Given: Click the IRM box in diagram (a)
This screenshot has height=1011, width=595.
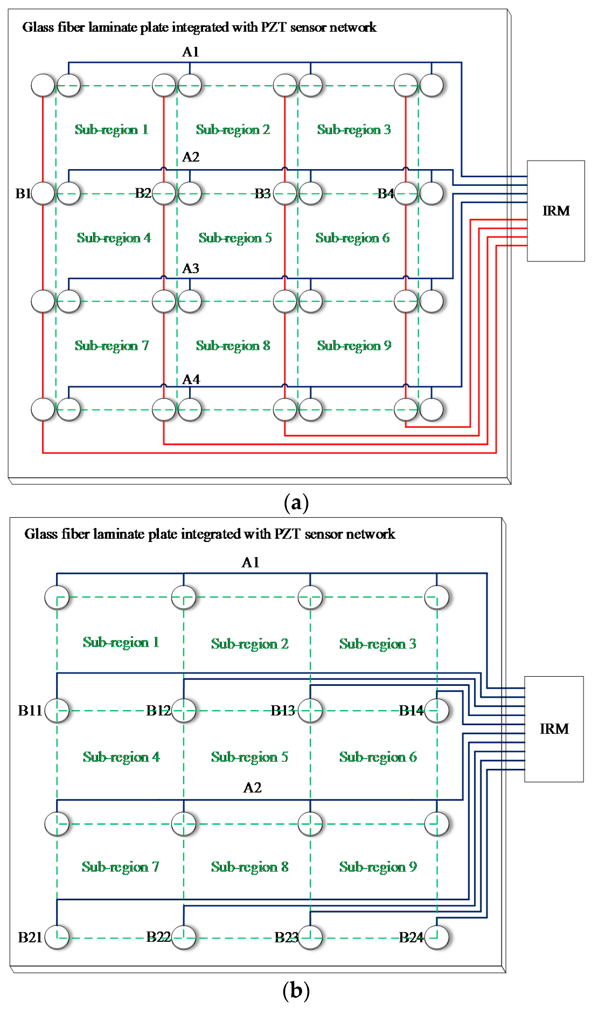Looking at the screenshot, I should pos(556,211).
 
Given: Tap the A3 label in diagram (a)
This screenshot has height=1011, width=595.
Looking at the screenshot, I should pos(191,268).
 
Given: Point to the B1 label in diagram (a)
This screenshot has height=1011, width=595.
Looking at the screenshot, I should pos(23,194).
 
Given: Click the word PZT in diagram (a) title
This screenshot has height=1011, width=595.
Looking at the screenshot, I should pos(274,27).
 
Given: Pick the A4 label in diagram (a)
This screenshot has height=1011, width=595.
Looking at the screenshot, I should pos(191,380).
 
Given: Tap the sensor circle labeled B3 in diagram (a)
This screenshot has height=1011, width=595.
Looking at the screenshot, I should pos(285,194).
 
